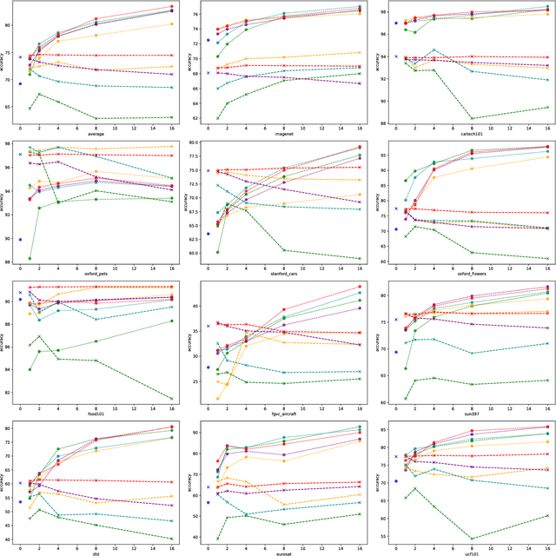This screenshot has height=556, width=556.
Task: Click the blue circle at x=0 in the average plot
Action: [21, 84]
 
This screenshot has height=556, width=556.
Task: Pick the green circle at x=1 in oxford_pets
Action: [30, 258]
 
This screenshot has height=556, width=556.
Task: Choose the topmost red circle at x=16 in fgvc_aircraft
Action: [361, 287]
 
